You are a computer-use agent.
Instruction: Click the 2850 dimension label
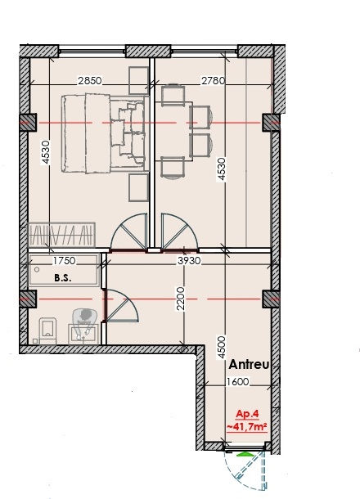(x=90, y=80)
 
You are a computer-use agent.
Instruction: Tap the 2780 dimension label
(x=213, y=80)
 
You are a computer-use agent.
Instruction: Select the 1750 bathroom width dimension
(x=65, y=261)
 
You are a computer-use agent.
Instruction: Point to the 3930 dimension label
(x=189, y=261)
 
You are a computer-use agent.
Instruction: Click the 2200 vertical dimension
(x=181, y=299)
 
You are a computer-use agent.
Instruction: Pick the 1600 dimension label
(x=238, y=381)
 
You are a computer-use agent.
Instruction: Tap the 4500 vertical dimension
(x=222, y=348)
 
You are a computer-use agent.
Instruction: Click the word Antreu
(x=249, y=365)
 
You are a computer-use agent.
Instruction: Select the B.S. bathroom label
(x=63, y=278)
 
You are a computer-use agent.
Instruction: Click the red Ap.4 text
(x=247, y=415)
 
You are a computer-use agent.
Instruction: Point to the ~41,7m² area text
(x=247, y=426)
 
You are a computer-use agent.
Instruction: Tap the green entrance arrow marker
(x=245, y=455)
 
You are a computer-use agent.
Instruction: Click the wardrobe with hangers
(x=61, y=235)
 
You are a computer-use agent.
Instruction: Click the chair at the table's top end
(x=173, y=95)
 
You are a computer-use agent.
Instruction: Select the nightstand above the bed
(x=139, y=80)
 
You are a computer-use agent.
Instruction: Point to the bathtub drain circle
(x=38, y=270)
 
